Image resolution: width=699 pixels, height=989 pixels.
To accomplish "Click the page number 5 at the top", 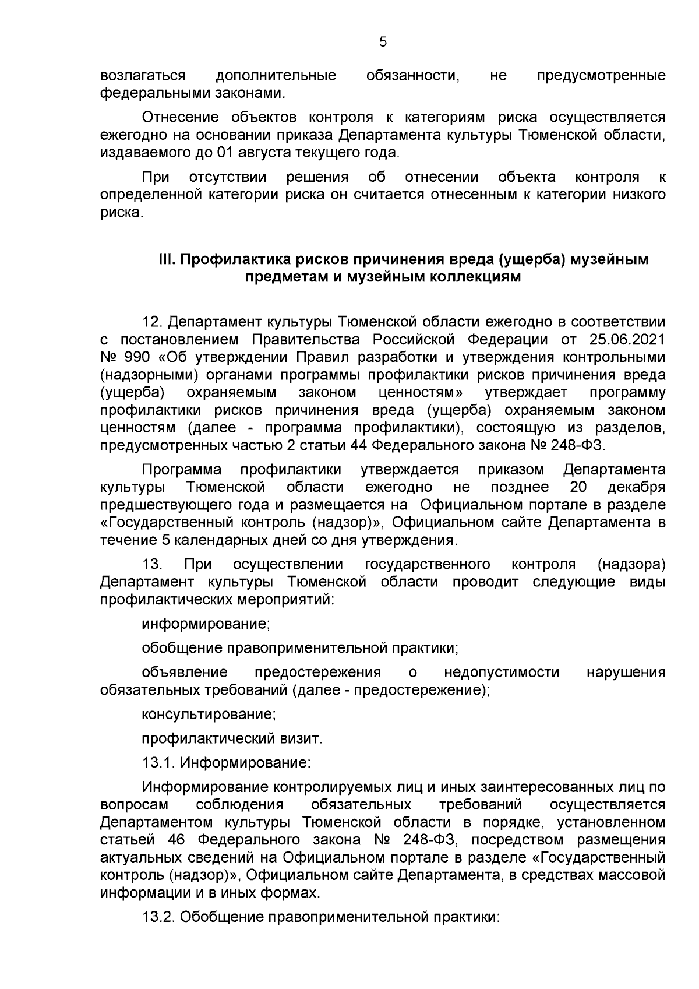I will pyautogui.click(x=383, y=42).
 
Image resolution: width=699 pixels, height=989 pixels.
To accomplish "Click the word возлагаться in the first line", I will pyautogui.click(x=143, y=76).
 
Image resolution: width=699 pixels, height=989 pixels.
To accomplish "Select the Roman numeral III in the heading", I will pyautogui.click(x=167, y=259).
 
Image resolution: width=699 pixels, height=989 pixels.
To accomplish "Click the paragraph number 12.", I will pyautogui.click(x=154, y=322).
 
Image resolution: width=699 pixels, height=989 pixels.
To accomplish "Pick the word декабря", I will pyautogui.click(x=636, y=487).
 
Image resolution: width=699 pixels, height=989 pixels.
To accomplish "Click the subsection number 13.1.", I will pyautogui.click(x=158, y=762).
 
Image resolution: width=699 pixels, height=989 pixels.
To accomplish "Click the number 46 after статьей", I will pyautogui.click(x=176, y=840).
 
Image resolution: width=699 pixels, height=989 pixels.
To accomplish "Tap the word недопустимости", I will pyautogui.click(x=502, y=673).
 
